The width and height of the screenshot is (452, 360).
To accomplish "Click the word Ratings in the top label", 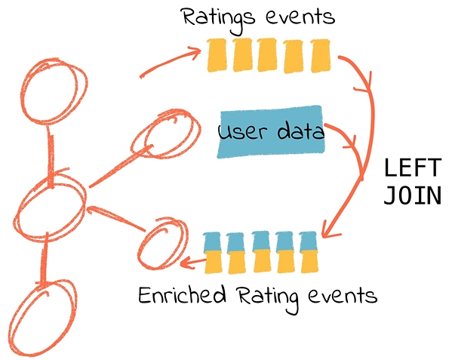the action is point(219,20).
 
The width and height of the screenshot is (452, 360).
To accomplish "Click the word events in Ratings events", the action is point(300,17).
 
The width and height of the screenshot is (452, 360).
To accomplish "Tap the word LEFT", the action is point(413,168).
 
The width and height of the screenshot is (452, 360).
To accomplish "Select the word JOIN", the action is point(413,195).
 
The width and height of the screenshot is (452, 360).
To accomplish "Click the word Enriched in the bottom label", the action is point(182,294).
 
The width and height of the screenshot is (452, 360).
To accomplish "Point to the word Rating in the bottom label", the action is point(267,299).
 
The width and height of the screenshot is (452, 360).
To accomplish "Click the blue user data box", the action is point(271,132).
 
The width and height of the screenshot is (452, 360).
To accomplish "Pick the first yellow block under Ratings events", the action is point(217,55).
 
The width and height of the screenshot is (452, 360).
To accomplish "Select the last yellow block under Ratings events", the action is point(320,56).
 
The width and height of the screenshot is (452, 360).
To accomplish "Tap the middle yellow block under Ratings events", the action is point(267,55).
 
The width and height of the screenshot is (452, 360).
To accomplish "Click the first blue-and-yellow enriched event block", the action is point(213,253).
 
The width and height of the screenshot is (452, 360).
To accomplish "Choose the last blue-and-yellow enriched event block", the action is point(309,252).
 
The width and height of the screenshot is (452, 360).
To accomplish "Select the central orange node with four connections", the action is point(50,208).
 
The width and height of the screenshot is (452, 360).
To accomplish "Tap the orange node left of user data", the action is point(165,134).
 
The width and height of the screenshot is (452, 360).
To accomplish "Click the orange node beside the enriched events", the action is point(163,244).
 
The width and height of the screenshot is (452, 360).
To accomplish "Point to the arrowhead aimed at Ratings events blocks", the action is point(195,51).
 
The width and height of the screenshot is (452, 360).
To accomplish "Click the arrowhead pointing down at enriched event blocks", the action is point(327,231).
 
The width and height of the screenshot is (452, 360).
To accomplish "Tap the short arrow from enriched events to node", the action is point(192,263).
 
